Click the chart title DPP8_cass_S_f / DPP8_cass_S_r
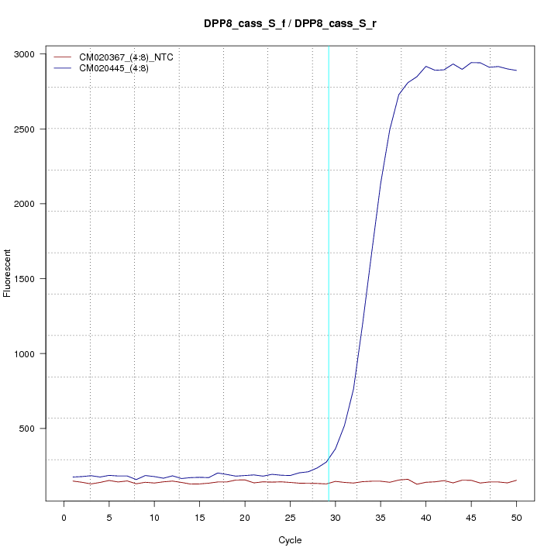289,25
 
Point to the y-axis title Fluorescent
9,273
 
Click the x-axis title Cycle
289,540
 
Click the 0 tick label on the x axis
64,518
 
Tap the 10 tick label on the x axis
154,518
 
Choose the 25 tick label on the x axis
290,518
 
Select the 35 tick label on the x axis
381,518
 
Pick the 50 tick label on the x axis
516,518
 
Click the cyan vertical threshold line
329,271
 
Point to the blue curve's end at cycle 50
516,71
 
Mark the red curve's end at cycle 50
516,480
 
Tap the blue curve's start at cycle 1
73,477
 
